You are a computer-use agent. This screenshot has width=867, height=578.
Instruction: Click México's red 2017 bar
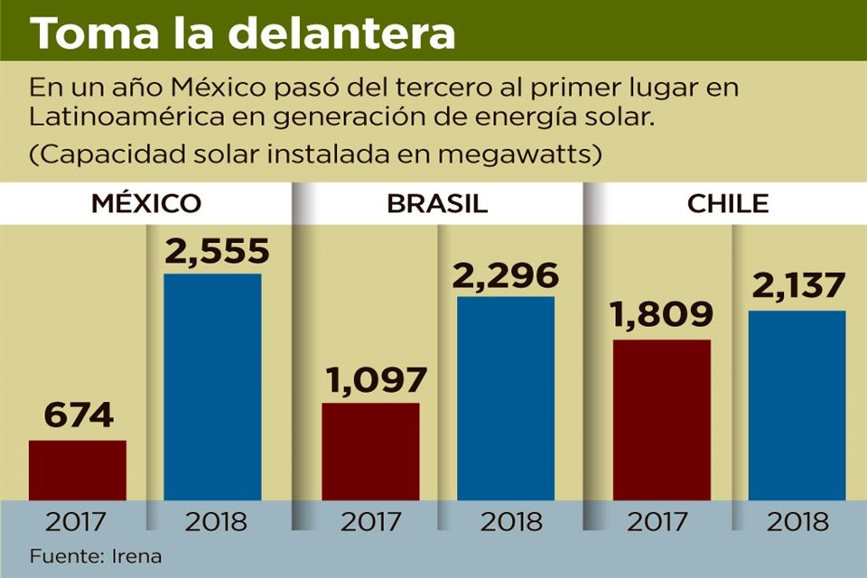coord(78,470)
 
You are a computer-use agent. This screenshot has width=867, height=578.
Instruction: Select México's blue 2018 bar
coord(212,387)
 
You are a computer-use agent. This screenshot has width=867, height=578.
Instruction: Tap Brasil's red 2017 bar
coord(370,451)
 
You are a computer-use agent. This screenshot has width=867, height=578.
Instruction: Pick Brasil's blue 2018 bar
coord(506,397)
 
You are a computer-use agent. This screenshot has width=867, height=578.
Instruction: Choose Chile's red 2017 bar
coord(662,419)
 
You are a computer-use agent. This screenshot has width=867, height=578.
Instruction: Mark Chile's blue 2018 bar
coord(797,405)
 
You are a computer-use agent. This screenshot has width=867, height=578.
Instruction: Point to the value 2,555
coord(217,250)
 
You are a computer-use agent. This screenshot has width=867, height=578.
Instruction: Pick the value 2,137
coord(797,287)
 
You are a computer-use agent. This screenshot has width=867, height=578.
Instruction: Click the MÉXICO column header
coord(145,203)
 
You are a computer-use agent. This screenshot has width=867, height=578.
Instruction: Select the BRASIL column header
coord(437,203)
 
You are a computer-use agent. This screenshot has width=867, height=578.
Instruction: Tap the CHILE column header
coord(728,203)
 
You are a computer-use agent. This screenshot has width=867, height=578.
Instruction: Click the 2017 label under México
coord(77,522)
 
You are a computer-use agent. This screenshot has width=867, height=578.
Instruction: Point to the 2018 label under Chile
coord(797,522)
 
